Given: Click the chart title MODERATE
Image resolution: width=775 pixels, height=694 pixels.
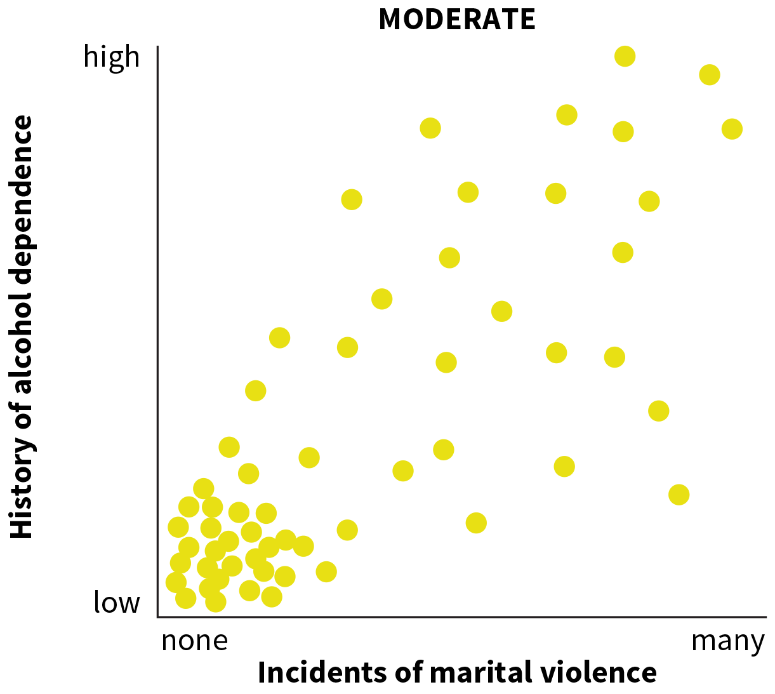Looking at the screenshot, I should pyautogui.click(x=457, y=19).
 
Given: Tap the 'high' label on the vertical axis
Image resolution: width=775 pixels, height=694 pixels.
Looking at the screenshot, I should pyautogui.click(x=112, y=57).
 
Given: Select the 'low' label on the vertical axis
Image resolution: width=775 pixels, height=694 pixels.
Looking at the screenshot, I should pyautogui.click(x=117, y=602).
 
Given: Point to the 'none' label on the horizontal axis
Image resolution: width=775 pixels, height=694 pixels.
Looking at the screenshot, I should pyautogui.click(x=194, y=641).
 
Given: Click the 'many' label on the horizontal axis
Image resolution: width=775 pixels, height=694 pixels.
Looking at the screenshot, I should pyautogui.click(x=727, y=641).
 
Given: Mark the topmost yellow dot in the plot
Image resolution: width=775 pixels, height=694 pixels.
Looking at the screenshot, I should pyautogui.click(x=625, y=56).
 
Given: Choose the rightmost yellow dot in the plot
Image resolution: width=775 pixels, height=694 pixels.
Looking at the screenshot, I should pyautogui.click(x=732, y=129).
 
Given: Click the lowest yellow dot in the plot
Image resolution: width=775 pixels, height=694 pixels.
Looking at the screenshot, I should pyautogui.click(x=216, y=601).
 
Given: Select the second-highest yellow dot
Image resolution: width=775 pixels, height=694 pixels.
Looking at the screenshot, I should pyautogui.click(x=709, y=75).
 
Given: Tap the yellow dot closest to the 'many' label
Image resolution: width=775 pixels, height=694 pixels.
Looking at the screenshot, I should pyautogui.click(x=679, y=494).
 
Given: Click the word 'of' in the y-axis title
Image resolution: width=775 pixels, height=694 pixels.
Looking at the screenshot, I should pyautogui.click(x=22, y=413).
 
